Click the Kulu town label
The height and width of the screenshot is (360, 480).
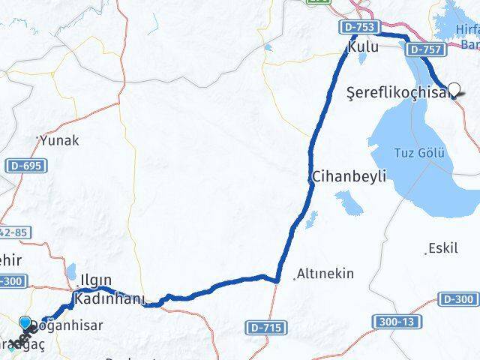[x=362, y=47]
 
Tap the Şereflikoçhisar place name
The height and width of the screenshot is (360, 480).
[x=398, y=92]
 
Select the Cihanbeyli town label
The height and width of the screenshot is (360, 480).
[x=349, y=177]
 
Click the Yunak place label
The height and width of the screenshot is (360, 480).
[x=59, y=140]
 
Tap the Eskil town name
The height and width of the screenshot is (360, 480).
[x=442, y=248]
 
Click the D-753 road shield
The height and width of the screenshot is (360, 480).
[x=359, y=27]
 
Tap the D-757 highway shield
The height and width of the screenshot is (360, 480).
[x=423, y=49]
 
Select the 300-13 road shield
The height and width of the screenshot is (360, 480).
[x=390, y=321]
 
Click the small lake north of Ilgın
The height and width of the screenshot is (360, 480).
[x=72, y=270]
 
